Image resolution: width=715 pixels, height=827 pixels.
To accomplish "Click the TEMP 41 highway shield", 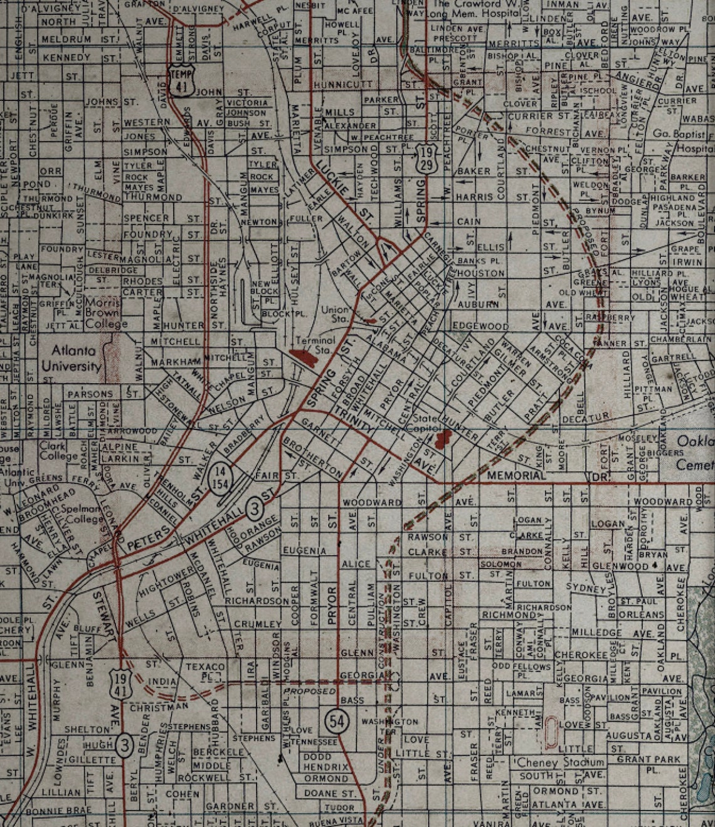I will point(179,78).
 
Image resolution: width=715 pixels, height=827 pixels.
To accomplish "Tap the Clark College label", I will point(59,451).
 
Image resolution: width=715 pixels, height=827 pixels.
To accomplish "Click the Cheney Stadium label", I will point(561,762).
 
